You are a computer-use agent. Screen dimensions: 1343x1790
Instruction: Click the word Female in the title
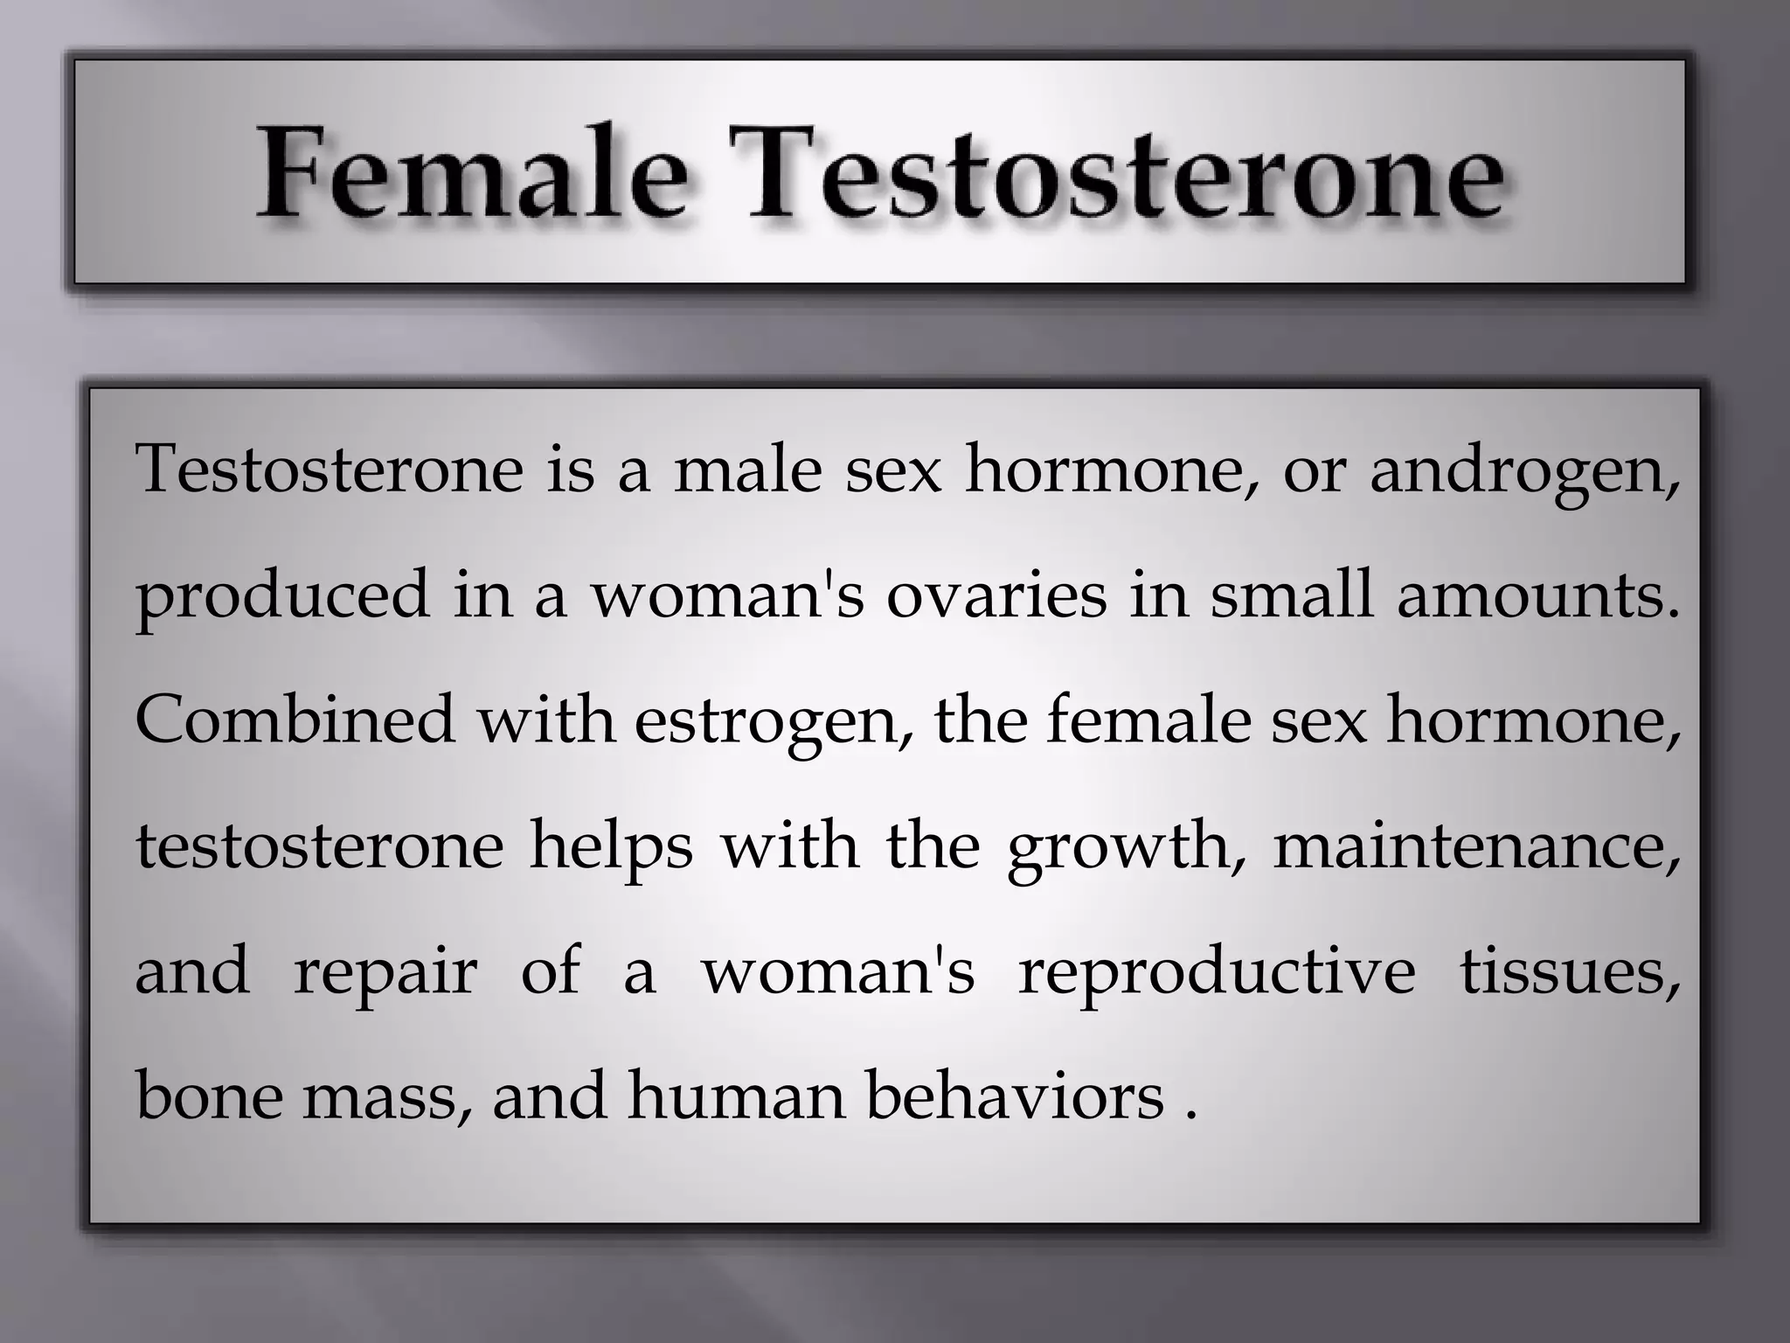pos(471,172)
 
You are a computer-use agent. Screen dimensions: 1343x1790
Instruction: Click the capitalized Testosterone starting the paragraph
pos(330,470)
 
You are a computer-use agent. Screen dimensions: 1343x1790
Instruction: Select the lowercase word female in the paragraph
pos(1148,719)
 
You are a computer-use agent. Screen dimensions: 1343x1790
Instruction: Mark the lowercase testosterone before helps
pos(320,845)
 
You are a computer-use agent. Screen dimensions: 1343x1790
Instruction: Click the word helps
pos(611,847)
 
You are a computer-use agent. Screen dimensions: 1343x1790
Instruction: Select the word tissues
pos(1570,971)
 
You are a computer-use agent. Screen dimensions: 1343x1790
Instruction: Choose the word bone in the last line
pos(210,1096)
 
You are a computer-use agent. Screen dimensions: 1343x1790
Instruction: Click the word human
pos(736,1096)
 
